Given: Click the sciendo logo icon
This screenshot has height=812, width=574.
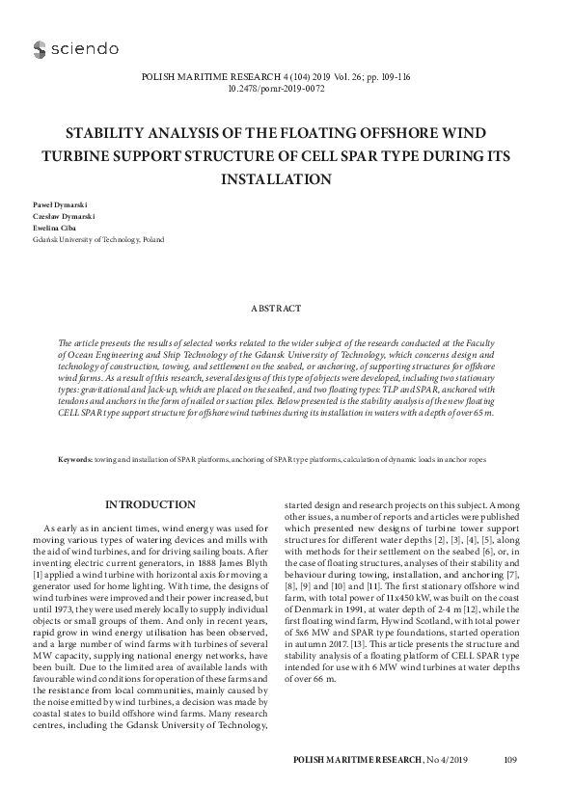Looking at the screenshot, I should pos(40,48).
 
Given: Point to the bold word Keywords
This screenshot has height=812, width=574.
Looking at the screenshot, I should pos(75,460).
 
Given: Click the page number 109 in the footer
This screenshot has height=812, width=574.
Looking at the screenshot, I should pos(511,761).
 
